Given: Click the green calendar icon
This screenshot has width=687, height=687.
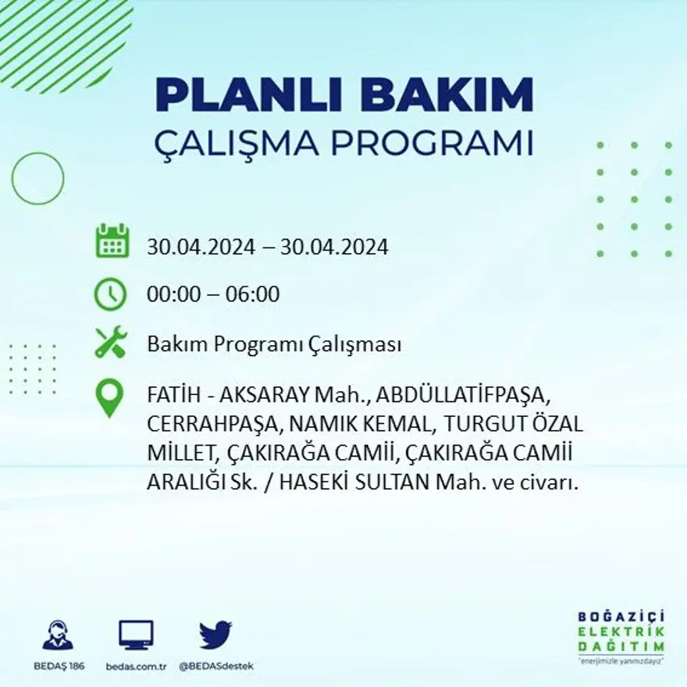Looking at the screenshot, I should click(112, 241).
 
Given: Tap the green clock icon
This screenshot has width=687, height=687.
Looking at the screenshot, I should click(110, 294).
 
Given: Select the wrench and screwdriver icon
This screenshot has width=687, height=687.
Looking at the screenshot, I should click(110, 343).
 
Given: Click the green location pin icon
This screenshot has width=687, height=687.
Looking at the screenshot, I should click(110, 397).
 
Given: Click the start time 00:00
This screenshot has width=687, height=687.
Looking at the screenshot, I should click(173, 294).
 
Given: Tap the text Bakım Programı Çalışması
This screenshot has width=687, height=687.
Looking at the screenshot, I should click(274, 344).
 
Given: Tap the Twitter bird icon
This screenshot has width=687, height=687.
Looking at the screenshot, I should click(215, 634).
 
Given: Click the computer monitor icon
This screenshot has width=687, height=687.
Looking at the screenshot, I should click(136, 635).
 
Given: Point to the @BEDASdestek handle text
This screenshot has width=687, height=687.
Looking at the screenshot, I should click(216, 666).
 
